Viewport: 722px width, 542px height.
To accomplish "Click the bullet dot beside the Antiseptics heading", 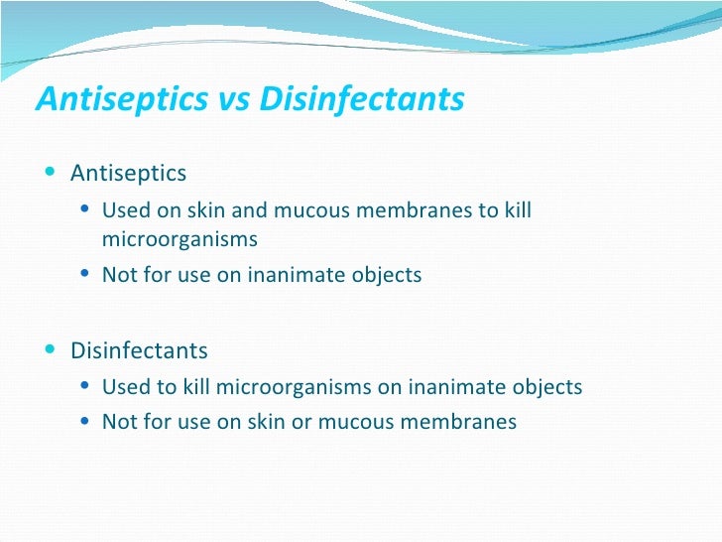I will (51, 172).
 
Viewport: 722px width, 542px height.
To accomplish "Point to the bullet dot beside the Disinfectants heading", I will (51, 349).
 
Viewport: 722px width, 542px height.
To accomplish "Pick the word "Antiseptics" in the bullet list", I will (128, 174).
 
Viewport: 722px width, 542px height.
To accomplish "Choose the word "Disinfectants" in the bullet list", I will (139, 350).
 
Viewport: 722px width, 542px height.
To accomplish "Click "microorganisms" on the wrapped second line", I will (179, 239).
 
